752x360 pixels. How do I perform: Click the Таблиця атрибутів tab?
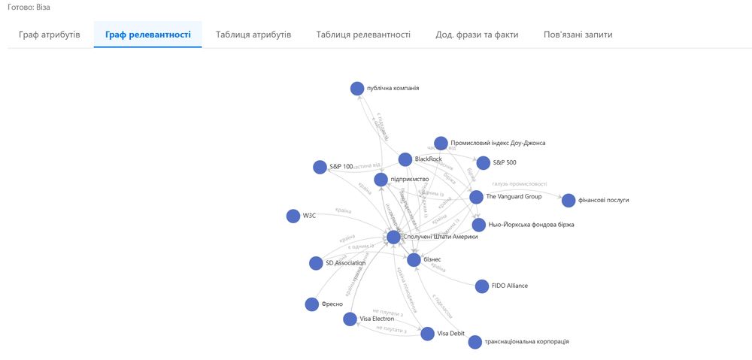coord(253,35)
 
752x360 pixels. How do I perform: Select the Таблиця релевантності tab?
coord(363,35)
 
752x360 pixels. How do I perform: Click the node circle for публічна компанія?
coord(357,89)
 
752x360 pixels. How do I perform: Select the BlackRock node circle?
coord(405,159)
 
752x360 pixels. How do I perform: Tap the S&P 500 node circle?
coord(483,162)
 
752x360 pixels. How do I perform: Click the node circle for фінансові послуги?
coord(569,201)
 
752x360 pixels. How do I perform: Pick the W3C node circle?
coord(293,216)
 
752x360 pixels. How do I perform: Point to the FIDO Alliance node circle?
coord(482,286)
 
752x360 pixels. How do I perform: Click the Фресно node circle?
coord(312,304)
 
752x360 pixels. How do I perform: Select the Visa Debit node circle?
coord(428,334)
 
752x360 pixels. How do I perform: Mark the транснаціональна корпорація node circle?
coord(475,342)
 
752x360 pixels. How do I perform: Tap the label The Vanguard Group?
coord(514,197)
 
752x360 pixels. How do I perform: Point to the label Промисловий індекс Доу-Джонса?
coord(498,143)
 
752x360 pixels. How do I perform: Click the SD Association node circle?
coord(317,263)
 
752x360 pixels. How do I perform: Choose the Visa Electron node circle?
coord(350,319)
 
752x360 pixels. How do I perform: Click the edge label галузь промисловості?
coord(520,184)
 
